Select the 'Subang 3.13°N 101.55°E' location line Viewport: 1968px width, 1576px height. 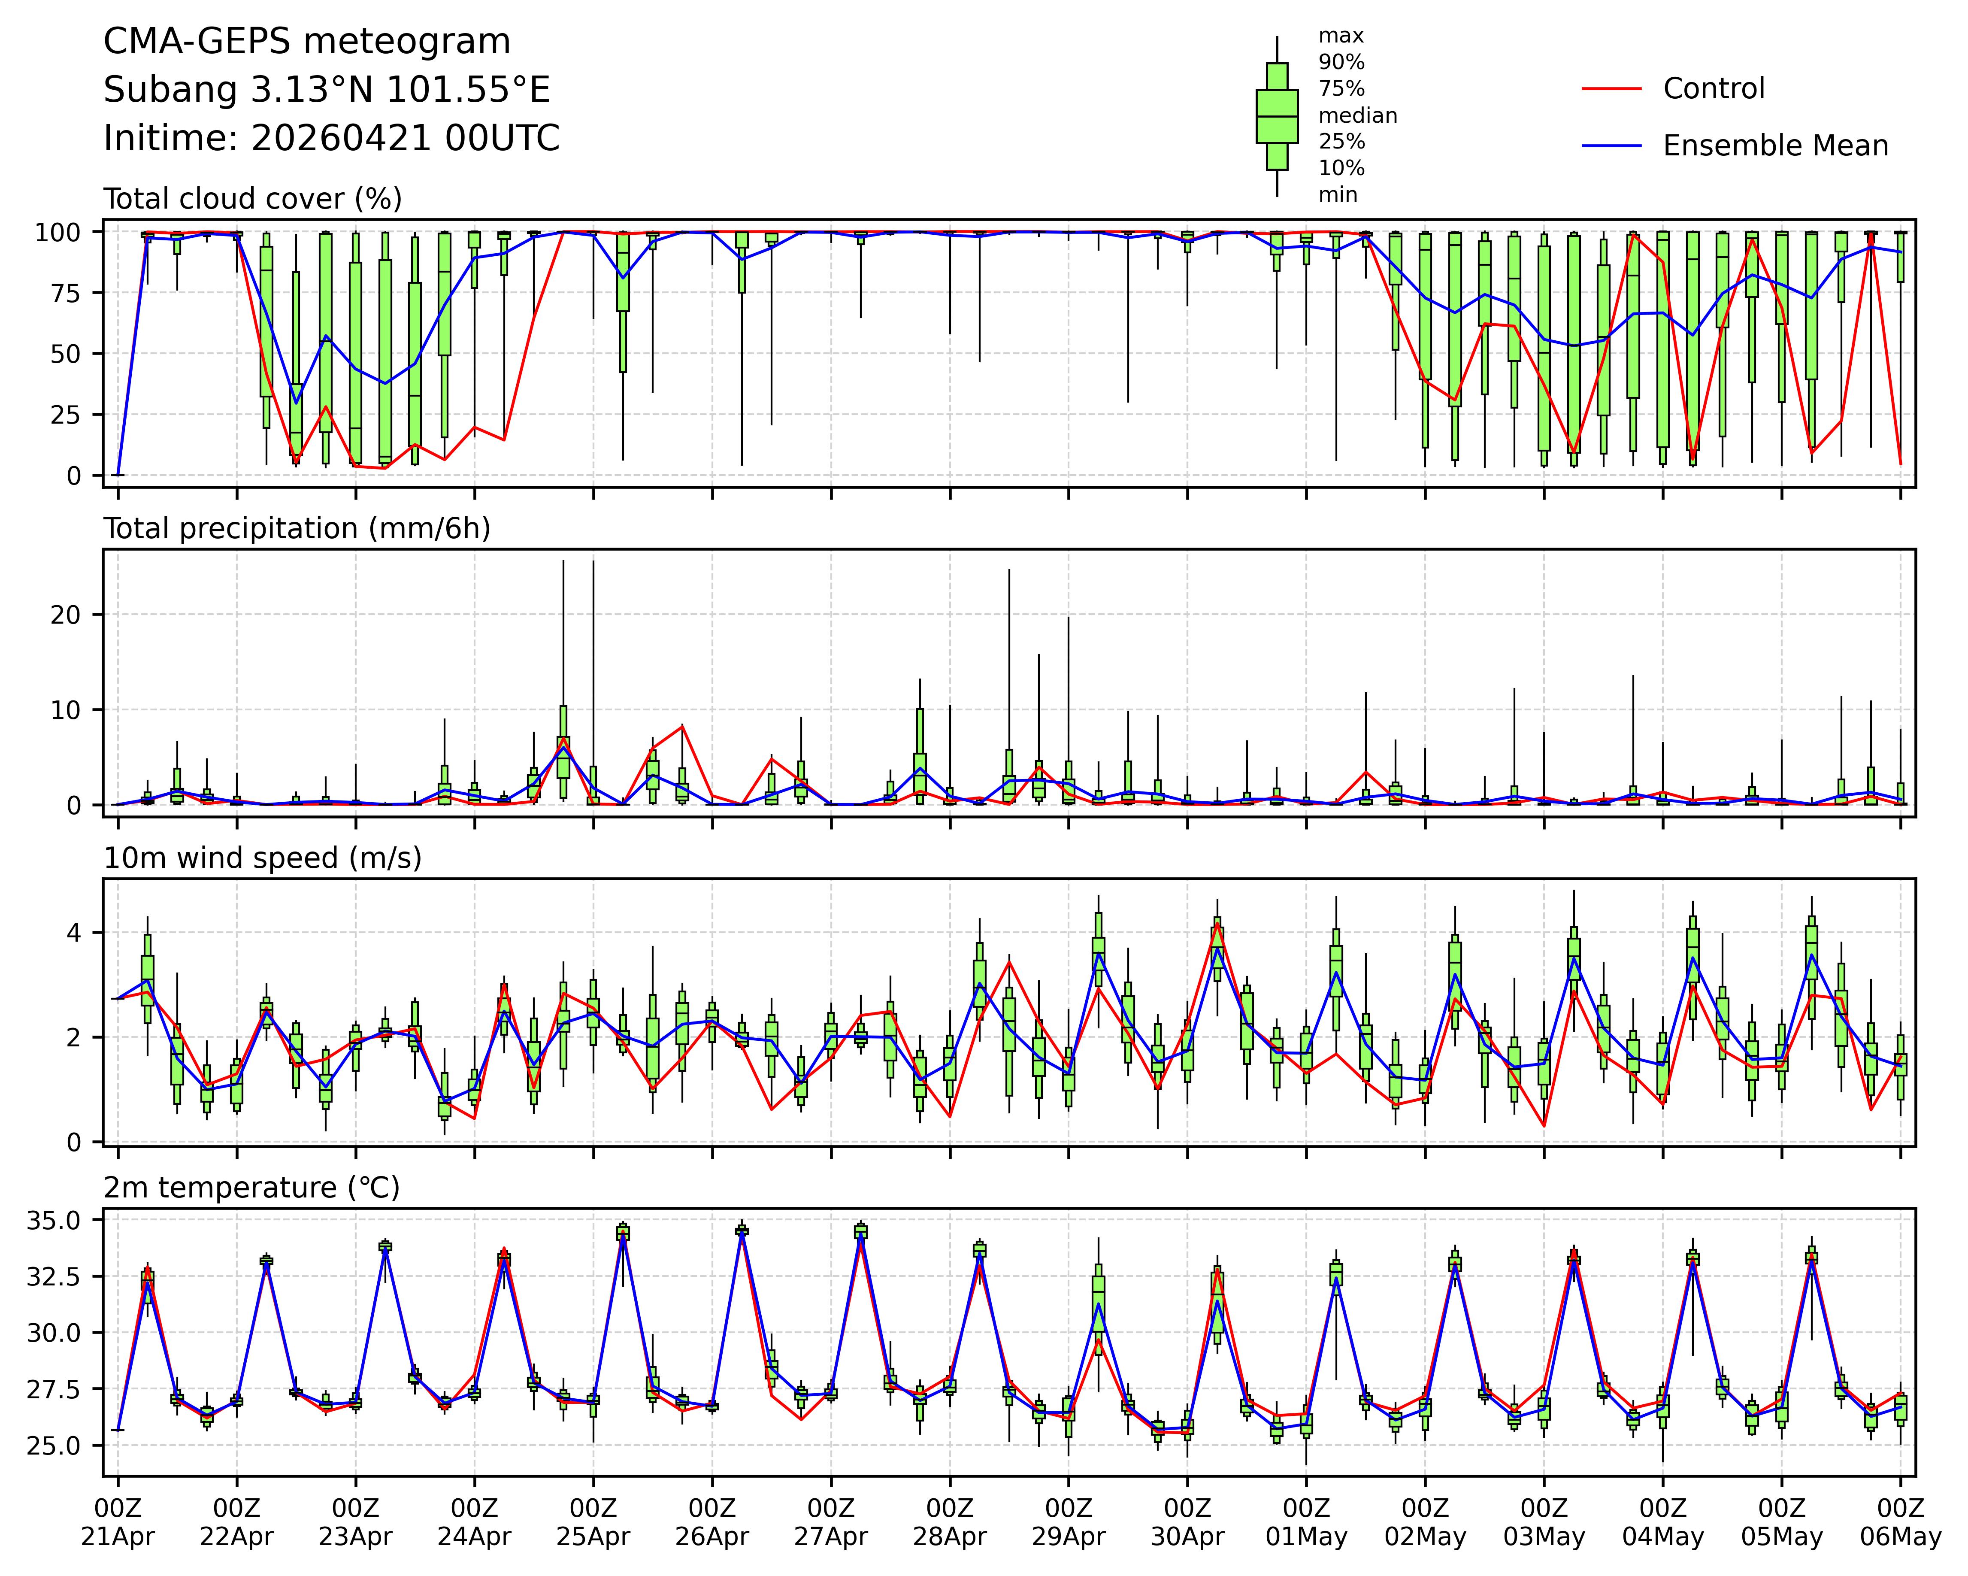point(327,91)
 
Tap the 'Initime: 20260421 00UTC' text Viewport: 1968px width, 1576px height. point(331,139)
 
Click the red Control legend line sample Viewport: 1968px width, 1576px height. point(1611,88)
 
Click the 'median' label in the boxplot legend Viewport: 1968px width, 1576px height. point(1357,116)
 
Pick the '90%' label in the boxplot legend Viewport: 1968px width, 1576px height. point(1341,62)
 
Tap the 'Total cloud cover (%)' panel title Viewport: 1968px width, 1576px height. point(253,199)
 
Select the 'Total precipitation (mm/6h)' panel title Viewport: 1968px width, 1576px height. point(297,529)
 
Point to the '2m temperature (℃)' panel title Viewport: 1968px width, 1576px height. point(252,1188)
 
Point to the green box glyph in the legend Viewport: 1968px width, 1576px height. point(1277,116)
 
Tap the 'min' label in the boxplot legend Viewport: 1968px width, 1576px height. point(1337,194)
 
